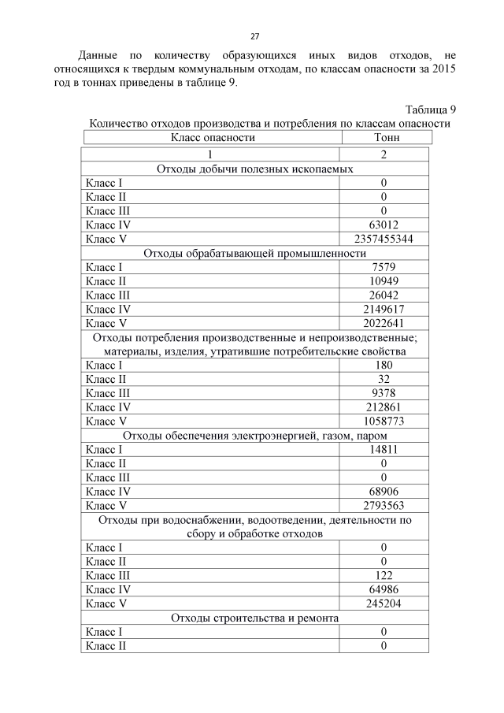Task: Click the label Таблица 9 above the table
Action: pyautogui.click(x=431, y=109)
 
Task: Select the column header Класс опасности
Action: pyautogui.click(x=213, y=137)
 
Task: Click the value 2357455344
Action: pyautogui.click(x=384, y=239)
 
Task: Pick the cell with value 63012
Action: pyautogui.click(x=384, y=225)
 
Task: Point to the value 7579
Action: pyautogui.click(x=384, y=267)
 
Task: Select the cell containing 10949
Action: pyautogui.click(x=384, y=281)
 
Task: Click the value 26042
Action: pyautogui.click(x=384, y=295)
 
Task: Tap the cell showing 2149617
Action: pyautogui.click(x=384, y=310)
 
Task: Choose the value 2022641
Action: pyautogui.click(x=384, y=324)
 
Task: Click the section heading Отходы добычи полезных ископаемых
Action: pyautogui.click(x=254, y=169)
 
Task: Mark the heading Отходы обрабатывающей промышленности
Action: pyautogui.click(x=254, y=253)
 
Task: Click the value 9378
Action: pyautogui.click(x=384, y=393)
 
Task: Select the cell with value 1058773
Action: pyautogui.click(x=384, y=421)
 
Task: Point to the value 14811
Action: pyautogui.click(x=384, y=449)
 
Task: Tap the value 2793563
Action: pyautogui.click(x=384, y=505)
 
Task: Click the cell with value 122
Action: pyautogui.click(x=384, y=576)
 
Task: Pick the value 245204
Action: pyautogui.click(x=384, y=604)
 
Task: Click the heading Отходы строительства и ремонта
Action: pyautogui.click(x=254, y=618)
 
